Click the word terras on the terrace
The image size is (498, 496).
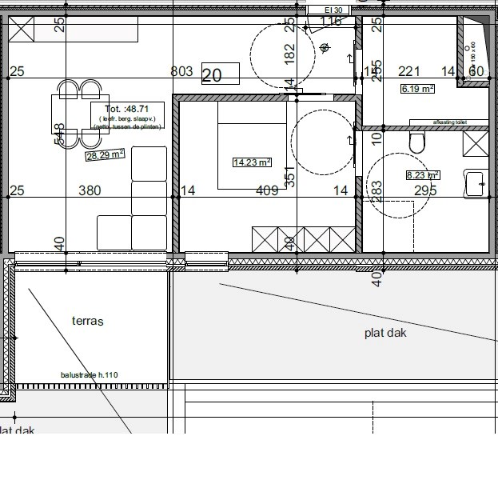tap(88, 322)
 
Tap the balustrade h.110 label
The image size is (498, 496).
tap(89, 374)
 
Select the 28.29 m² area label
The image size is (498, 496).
tap(105, 154)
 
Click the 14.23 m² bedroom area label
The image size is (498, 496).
tap(252, 162)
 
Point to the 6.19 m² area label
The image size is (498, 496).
tap(417, 89)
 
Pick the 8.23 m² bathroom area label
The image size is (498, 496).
tap(423, 175)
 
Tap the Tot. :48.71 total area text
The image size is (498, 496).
tap(126, 109)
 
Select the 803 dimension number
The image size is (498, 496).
tap(182, 72)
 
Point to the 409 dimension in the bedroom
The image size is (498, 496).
tap(266, 190)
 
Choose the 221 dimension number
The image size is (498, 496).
tap(409, 72)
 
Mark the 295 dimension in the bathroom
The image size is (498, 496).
tap(425, 190)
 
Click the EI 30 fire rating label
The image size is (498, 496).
tap(333, 10)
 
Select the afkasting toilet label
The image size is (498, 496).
tap(448, 122)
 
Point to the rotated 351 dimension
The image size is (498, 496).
tap(290, 175)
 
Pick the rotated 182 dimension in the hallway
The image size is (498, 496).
tap(289, 53)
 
